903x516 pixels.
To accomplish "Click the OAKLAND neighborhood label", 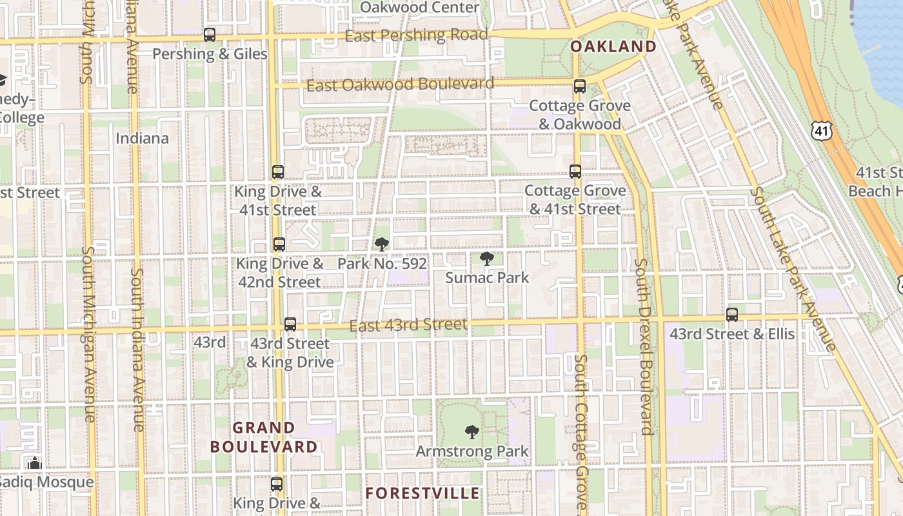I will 613,46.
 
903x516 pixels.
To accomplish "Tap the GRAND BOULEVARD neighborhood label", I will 264,437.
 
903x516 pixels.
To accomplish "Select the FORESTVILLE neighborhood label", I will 422,493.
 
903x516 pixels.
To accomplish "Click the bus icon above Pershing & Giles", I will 210,35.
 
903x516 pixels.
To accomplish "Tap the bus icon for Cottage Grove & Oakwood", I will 580,86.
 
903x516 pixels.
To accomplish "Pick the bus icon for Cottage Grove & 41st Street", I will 575,172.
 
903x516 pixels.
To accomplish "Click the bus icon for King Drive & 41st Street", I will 278,172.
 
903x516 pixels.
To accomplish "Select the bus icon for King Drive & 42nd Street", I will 279,245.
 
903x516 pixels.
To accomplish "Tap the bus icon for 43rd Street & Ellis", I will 732,315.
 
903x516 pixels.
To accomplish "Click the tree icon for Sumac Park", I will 487,259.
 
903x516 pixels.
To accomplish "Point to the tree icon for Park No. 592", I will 382,244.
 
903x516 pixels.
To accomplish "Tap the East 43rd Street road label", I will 408,325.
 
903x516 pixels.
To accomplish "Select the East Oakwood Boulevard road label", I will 400,84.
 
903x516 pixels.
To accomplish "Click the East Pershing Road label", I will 416,35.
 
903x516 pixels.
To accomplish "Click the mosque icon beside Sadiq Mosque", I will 35,463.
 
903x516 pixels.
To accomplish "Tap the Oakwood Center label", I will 419,8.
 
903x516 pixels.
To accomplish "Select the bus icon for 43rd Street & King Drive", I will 290,324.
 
